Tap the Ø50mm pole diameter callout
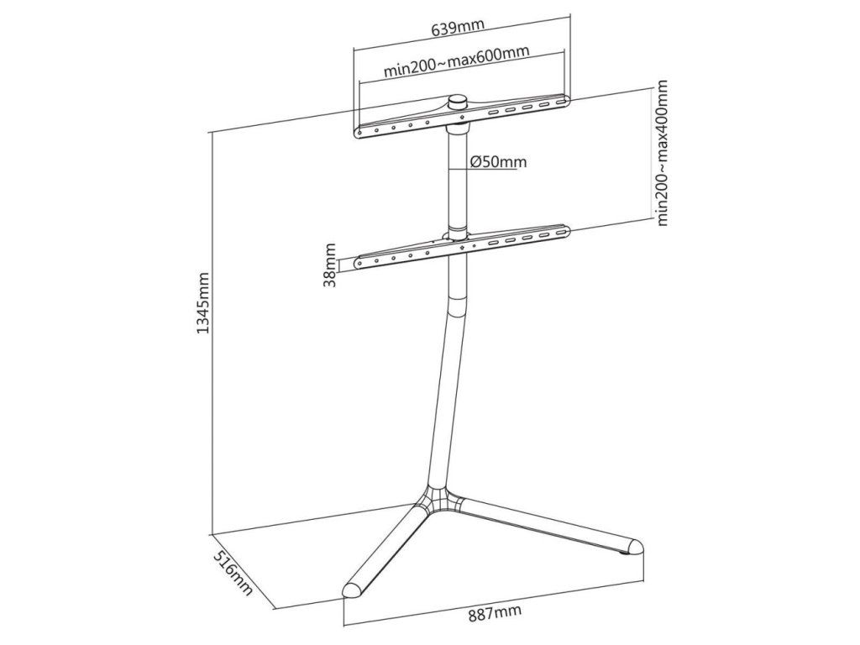(x=499, y=162)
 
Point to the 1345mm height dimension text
(x=203, y=302)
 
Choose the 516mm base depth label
(x=233, y=574)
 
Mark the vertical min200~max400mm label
(x=662, y=153)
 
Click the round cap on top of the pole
(x=459, y=102)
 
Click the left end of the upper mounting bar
(x=358, y=133)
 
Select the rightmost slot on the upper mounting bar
(x=561, y=102)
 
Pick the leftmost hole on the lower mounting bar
(x=359, y=264)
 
